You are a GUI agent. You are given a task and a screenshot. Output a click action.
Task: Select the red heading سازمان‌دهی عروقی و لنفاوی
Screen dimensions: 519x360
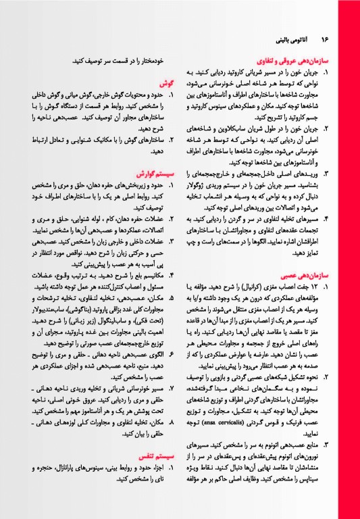tap(297, 60)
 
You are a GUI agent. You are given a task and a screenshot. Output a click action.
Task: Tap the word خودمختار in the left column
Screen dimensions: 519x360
tap(151, 61)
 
